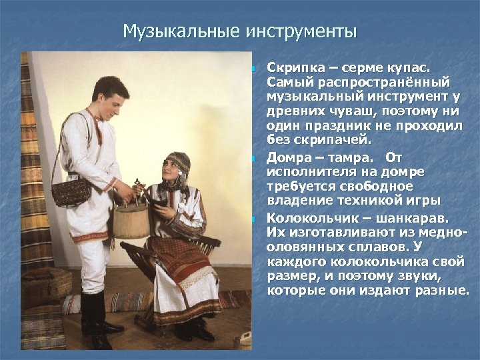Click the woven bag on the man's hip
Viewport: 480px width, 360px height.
click(x=71, y=191)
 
